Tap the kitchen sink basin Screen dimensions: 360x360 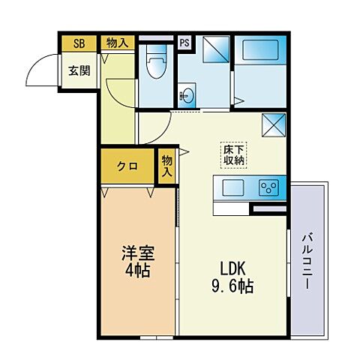pyautogui.click(x=231, y=187)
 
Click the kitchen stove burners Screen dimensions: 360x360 pyautogui.click(x=269, y=187)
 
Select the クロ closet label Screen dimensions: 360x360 pyautogui.click(x=126, y=166)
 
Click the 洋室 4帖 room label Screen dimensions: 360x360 pyautogui.click(x=136, y=259)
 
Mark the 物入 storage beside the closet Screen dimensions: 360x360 pyautogui.click(x=166, y=165)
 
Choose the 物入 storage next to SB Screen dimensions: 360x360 pyautogui.click(x=115, y=43)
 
